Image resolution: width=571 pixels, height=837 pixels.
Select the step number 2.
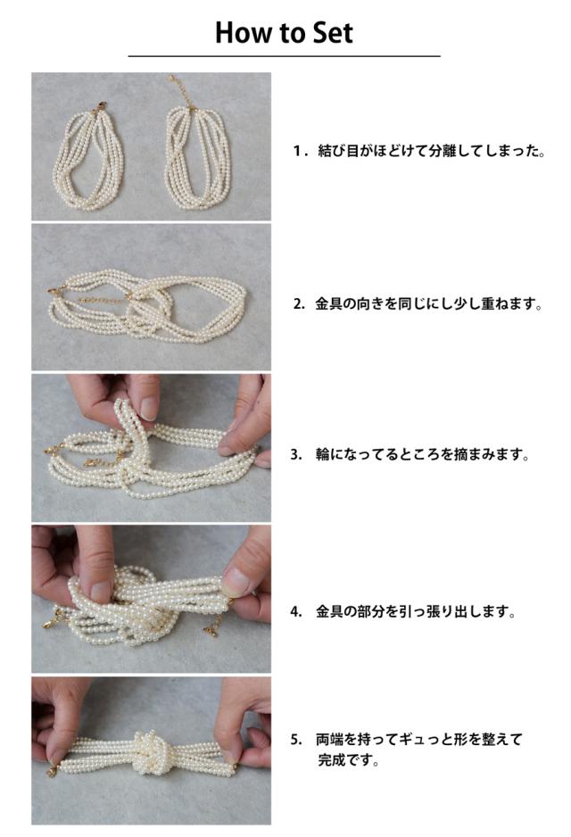tap(300, 304)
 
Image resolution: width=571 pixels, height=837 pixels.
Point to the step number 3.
tap(297, 455)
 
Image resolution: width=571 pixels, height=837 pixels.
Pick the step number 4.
tap(297, 612)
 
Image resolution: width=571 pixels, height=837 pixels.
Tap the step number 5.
tap(297, 740)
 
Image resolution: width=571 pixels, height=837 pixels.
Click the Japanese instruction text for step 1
tap(432, 151)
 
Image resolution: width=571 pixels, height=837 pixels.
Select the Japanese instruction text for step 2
tap(428, 304)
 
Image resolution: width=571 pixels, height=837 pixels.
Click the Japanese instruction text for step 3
tap(422, 455)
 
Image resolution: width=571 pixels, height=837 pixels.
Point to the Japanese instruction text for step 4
tap(417, 612)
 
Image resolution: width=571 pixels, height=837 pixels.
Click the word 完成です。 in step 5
tap(349, 759)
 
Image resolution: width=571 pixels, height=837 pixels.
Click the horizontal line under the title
tap(285, 55)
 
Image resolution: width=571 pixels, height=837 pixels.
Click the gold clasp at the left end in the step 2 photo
tap(54, 291)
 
